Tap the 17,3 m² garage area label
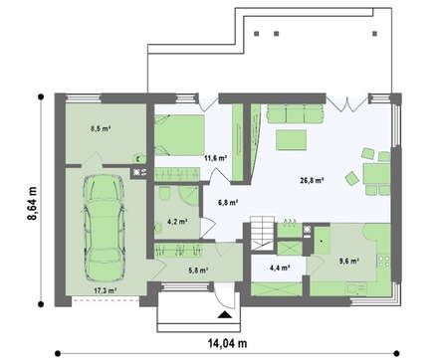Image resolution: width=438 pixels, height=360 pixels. click(106, 290)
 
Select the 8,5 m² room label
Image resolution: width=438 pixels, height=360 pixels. click(101, 128)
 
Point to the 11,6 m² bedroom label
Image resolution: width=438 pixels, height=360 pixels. click(215, 158)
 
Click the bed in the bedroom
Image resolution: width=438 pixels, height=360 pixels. click(179, 135)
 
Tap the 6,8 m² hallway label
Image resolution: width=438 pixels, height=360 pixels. click(228, 202)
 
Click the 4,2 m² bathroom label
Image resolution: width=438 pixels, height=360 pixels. click(178, 222)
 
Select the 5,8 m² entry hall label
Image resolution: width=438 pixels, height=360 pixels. click(198, 270)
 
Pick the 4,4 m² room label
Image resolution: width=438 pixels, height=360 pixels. click(280, 268)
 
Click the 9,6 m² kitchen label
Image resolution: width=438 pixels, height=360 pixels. click(348, 261)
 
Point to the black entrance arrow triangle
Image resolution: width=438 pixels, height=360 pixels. click(225, 314)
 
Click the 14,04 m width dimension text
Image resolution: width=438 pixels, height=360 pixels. click(228, 343)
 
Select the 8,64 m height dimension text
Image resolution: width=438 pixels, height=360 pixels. click(32, 203)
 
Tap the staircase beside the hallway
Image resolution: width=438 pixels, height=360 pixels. click(263, 233)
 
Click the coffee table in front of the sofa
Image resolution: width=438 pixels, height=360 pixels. click(292, 140)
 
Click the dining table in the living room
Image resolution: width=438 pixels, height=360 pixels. click(377, 174)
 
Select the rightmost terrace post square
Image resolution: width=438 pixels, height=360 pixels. click(375, 34)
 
